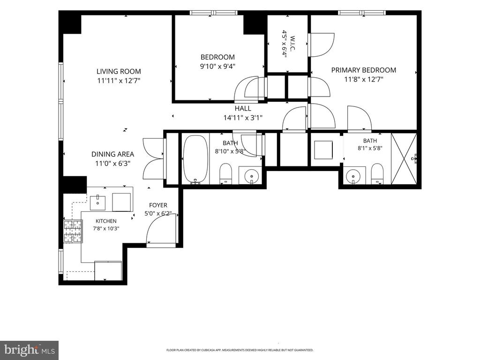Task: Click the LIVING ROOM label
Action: pos(119,71)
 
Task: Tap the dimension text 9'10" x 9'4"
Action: pos(217,66)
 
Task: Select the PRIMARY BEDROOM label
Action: pos(364,70)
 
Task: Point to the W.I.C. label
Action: pos(292,44)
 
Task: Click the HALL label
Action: pos(243,108)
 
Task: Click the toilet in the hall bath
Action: pos(225,173)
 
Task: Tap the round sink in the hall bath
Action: pos(252,176)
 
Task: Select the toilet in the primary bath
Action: pos(377,174)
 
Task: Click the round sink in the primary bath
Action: pos(353,176)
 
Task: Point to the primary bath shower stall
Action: pos(404,159)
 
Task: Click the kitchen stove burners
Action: pos(73,232)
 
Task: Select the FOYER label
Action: pos(158,205)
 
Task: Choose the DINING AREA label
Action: pos(112,154)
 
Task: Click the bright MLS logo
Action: pos(29,350)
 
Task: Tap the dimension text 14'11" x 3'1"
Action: pos(243,118)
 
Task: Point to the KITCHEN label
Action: pos(106,221)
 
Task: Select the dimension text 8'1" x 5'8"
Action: pos(370,148)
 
